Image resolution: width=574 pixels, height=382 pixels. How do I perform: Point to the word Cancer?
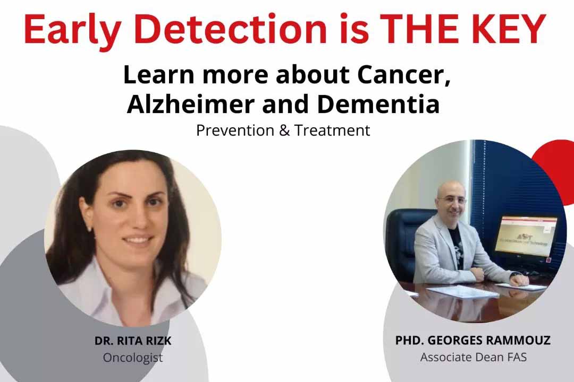pos(403,75)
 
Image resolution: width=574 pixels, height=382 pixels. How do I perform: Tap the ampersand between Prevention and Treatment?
pos(284,131)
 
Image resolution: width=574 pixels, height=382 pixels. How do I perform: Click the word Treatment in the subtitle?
pos(332,131)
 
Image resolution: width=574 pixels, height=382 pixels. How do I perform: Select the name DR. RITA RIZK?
pos(133,341)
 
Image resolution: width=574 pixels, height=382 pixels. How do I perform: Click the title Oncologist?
pos(133,358)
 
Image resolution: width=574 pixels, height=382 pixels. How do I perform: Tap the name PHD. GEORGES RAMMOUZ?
pos(472,340)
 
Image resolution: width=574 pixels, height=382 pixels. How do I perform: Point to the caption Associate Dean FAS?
pos(474,357)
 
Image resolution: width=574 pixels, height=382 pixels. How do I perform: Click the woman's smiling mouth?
pos(138,241)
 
